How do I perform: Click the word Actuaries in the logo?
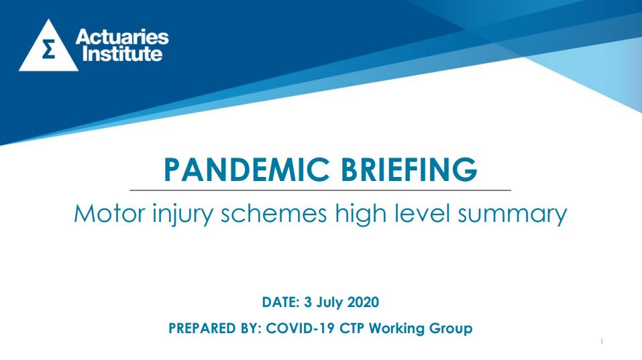(x=122, y=37)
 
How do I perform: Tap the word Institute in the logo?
(x=122, y=54)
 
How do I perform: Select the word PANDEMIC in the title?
(x=246, y=170)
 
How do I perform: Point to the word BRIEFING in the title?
(x=409, y=170)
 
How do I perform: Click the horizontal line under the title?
(x=320, y=190)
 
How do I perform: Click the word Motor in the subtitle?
(x=109, y=213)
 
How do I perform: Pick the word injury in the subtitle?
(x=183, y=215)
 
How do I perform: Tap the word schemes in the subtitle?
(x=274, y=213)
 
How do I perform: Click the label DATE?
(x=281, y=302)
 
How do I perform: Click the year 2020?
(x=363, y=302)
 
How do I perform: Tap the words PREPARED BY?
(x=215, y=328)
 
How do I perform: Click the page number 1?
(x=602, y=341)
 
